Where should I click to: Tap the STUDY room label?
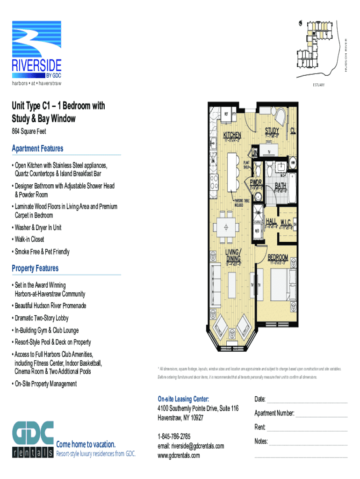tap(272, 131)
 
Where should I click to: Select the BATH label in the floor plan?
tap(281, 185)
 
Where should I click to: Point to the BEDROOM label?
tap(278, 257)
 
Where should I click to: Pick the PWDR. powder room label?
tap(256, 182)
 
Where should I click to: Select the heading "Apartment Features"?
tap(37, 149)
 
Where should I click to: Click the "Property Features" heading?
tap(36, 269)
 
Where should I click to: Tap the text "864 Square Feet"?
tap(29, 132)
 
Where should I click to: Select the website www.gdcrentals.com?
tap(179, 455)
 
